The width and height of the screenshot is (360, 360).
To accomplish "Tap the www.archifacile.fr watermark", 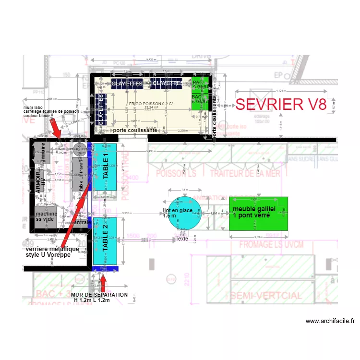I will [330, 321].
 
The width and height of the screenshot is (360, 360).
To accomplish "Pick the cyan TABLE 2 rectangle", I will [106, 240].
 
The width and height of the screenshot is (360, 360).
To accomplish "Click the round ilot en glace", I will [179, 214].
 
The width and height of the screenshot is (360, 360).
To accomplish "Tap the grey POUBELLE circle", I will [80, 148].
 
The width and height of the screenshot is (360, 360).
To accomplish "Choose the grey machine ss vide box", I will [47, 216].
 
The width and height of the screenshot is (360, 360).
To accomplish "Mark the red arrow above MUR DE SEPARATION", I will [104, 280].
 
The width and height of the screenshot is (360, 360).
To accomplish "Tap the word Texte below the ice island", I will [182, 239].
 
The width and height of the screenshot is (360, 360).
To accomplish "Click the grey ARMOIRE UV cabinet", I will [39, 181].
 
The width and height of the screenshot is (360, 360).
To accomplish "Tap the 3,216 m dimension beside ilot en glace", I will [127, 212].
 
